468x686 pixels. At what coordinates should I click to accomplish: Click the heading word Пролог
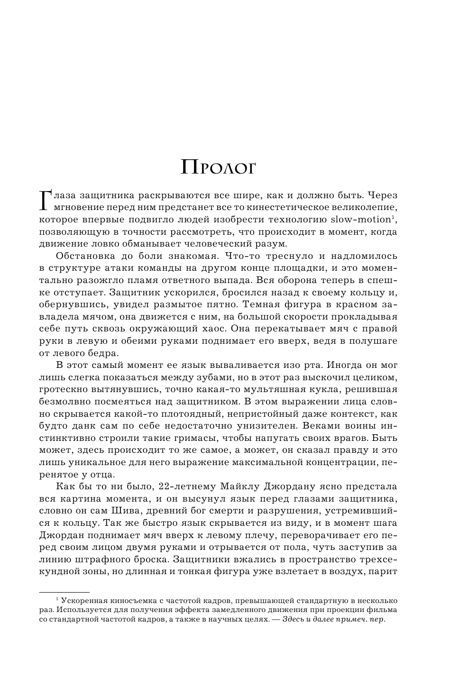pos(218,168)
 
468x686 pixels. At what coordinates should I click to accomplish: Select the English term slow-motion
pos(361,220)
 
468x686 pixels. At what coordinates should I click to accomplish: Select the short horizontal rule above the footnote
pos(64,592)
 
